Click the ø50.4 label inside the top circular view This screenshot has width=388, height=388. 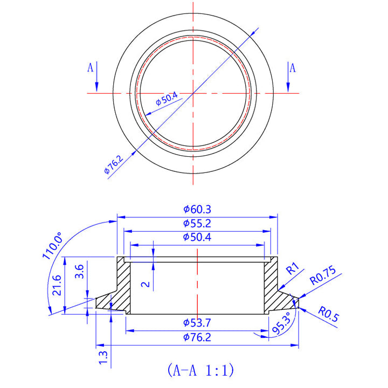click(x=167, y=99)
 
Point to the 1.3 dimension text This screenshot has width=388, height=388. click(x=103, y=356)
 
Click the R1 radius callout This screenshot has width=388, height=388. click(x=292, y=268)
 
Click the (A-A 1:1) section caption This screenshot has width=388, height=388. click(x=200, y=370)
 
